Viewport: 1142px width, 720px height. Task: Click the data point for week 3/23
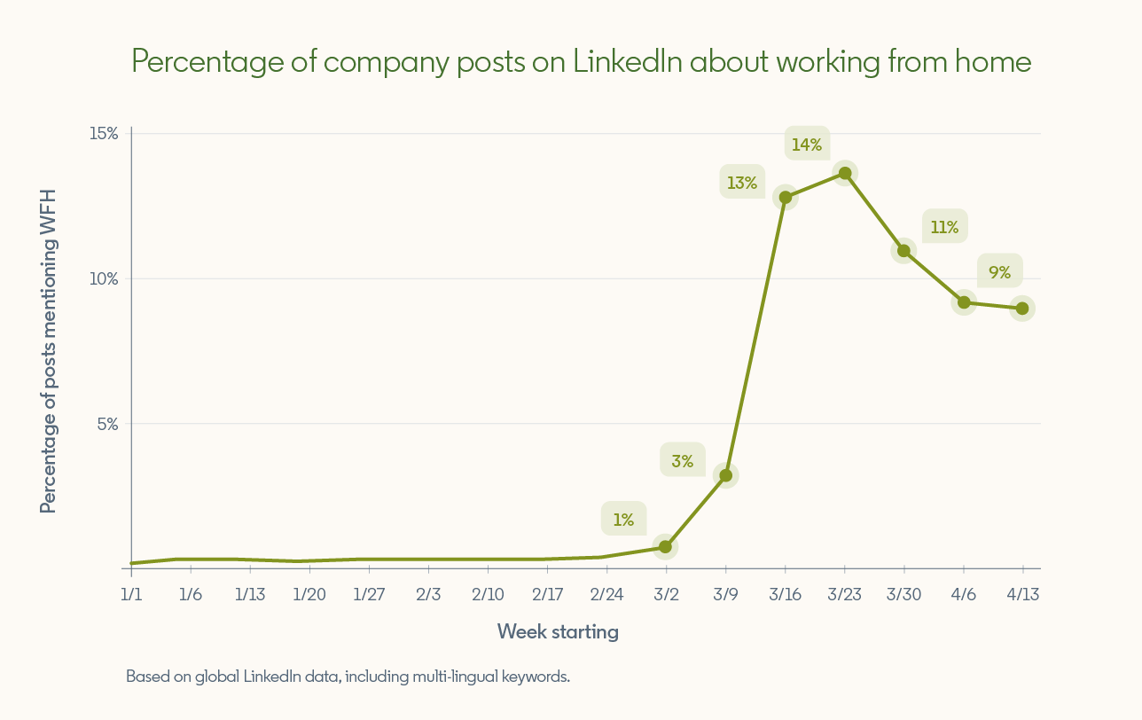click(x=845, y=174)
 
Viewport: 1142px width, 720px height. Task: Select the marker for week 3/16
click(x=786, y=198)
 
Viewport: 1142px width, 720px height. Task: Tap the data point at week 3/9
click(x=726, y=476)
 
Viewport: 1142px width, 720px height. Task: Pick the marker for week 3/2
click(x=666, y=547)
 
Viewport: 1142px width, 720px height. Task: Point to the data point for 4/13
click(x=1022, y=309)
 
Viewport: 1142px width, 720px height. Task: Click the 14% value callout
click(x=807, y=144)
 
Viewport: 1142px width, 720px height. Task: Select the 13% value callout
click(x=742, y=183)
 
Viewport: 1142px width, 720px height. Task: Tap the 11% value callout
click(x=944, y=227)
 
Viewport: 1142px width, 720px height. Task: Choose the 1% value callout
click(x=623, y=520)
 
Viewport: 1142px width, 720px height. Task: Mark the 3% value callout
click(x=682, y=460)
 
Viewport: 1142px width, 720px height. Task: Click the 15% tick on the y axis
click(x=104, y=133)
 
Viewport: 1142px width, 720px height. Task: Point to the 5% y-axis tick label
click(x=107, y=424)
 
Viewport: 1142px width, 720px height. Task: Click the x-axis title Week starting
click(x=558, y=631)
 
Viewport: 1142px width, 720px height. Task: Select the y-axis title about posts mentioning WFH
click(x=48, y=351)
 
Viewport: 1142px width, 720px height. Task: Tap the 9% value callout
click(x=999, y=272)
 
